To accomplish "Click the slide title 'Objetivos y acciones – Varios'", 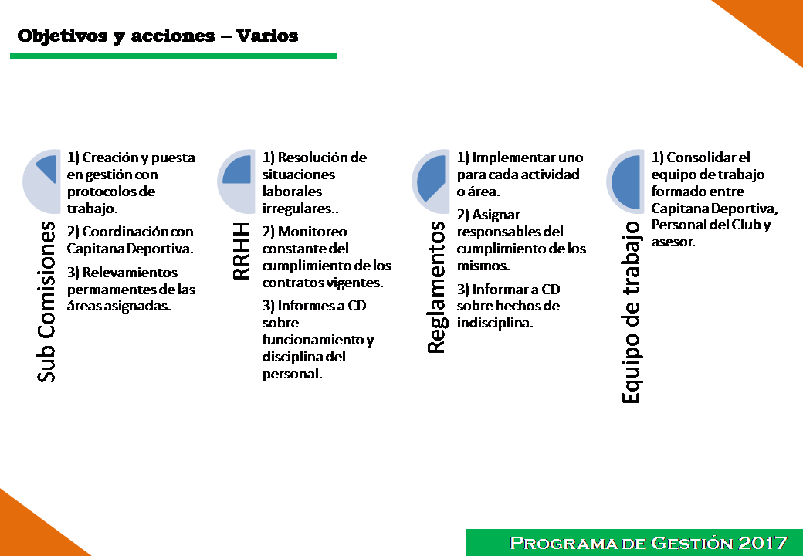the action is click(158, 36).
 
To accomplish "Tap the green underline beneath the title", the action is click(174, 56).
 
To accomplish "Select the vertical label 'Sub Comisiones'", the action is click(46, 302).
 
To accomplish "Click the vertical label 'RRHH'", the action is click(241, 251).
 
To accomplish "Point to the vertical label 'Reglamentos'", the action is click(437, 287).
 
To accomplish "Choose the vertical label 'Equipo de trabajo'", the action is click(631, 312).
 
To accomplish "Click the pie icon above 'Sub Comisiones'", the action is click(42, 181).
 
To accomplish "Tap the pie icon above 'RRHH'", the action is click(236, 181).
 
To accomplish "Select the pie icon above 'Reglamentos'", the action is click(431, 181).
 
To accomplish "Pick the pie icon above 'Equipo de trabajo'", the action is click(625, 181).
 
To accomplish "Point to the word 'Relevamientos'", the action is click(130, 273).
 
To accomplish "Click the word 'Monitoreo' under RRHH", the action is click(313, 232).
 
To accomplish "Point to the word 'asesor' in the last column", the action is click(672, 242).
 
